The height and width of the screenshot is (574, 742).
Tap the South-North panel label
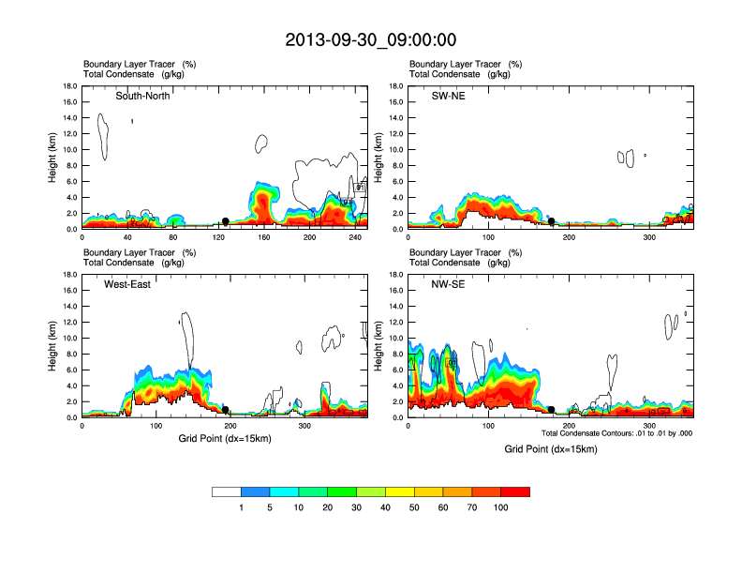coord(142,96)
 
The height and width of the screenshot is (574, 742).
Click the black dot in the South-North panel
coord(226,221)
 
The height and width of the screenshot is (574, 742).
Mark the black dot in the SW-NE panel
coord(552,221)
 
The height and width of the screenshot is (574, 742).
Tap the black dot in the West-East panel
coord(226,410)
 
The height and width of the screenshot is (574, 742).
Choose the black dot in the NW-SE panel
coord(552,410)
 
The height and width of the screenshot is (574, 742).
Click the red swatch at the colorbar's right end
coord(515,491)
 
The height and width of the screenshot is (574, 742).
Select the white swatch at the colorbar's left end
coord(227,491)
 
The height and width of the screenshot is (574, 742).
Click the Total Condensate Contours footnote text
coord(616,433)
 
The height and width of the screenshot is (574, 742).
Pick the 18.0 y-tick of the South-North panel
coord(68,86)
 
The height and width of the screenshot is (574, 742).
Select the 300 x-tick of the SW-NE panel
coord(648,237)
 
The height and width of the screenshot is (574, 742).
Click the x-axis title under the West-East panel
coord(225,439)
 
